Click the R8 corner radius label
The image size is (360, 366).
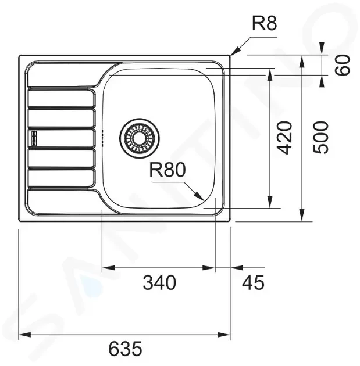(265, 23)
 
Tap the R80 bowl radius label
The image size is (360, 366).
(167, 170)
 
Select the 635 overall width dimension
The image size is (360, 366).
(125, 349)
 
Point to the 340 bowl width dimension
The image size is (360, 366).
(159, 282)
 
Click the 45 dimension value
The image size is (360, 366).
(253, 282)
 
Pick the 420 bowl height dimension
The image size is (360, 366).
(284, 138)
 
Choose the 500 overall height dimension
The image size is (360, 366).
(320, 138)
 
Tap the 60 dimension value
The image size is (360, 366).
(343, 65)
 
